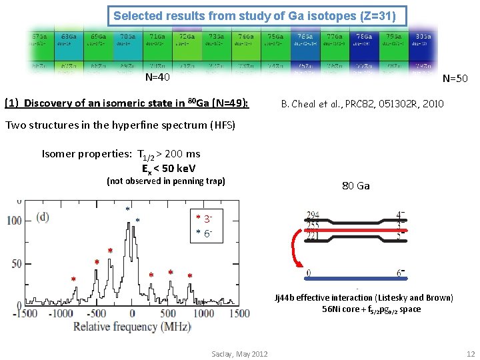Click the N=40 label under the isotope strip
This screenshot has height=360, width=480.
(x=157, y=77)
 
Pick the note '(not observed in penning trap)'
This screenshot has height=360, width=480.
(x=165, y=181)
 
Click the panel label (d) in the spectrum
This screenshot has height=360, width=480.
(x=41, y=216)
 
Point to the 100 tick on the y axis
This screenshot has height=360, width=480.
(x=14, y=220)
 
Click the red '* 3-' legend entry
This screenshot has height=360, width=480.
(x=205, y=219)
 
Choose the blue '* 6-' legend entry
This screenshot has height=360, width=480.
(x=205, y=233)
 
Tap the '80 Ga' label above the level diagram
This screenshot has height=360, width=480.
(x=355, y=186)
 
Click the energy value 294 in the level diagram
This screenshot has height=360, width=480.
(x=312, y=215)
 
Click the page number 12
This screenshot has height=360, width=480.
(x=471, y=353)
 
